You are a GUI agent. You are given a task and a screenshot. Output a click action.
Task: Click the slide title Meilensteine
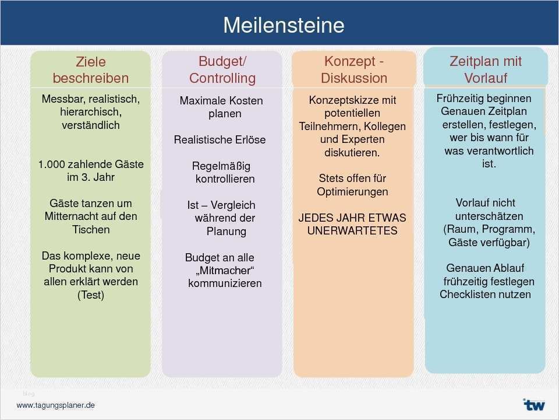click(284, 25)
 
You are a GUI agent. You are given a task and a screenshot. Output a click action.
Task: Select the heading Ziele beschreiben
click(91, 69)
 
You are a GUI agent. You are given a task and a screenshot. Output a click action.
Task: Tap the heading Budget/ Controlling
click(222, 69)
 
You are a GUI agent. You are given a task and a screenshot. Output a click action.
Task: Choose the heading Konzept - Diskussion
click(353, 69)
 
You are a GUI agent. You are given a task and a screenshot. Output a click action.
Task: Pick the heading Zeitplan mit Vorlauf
click(486, 69)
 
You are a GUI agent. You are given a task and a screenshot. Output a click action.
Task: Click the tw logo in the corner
click(533, 404)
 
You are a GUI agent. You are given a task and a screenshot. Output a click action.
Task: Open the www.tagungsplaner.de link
click(55, 405)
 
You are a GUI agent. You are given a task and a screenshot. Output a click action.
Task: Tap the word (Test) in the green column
click(91, 295)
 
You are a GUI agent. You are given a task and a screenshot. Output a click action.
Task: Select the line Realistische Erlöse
click(220, 140)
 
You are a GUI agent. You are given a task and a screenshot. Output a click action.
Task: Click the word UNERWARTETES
click(352, 230)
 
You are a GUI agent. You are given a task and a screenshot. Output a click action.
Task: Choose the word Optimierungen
click(352, 191)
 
